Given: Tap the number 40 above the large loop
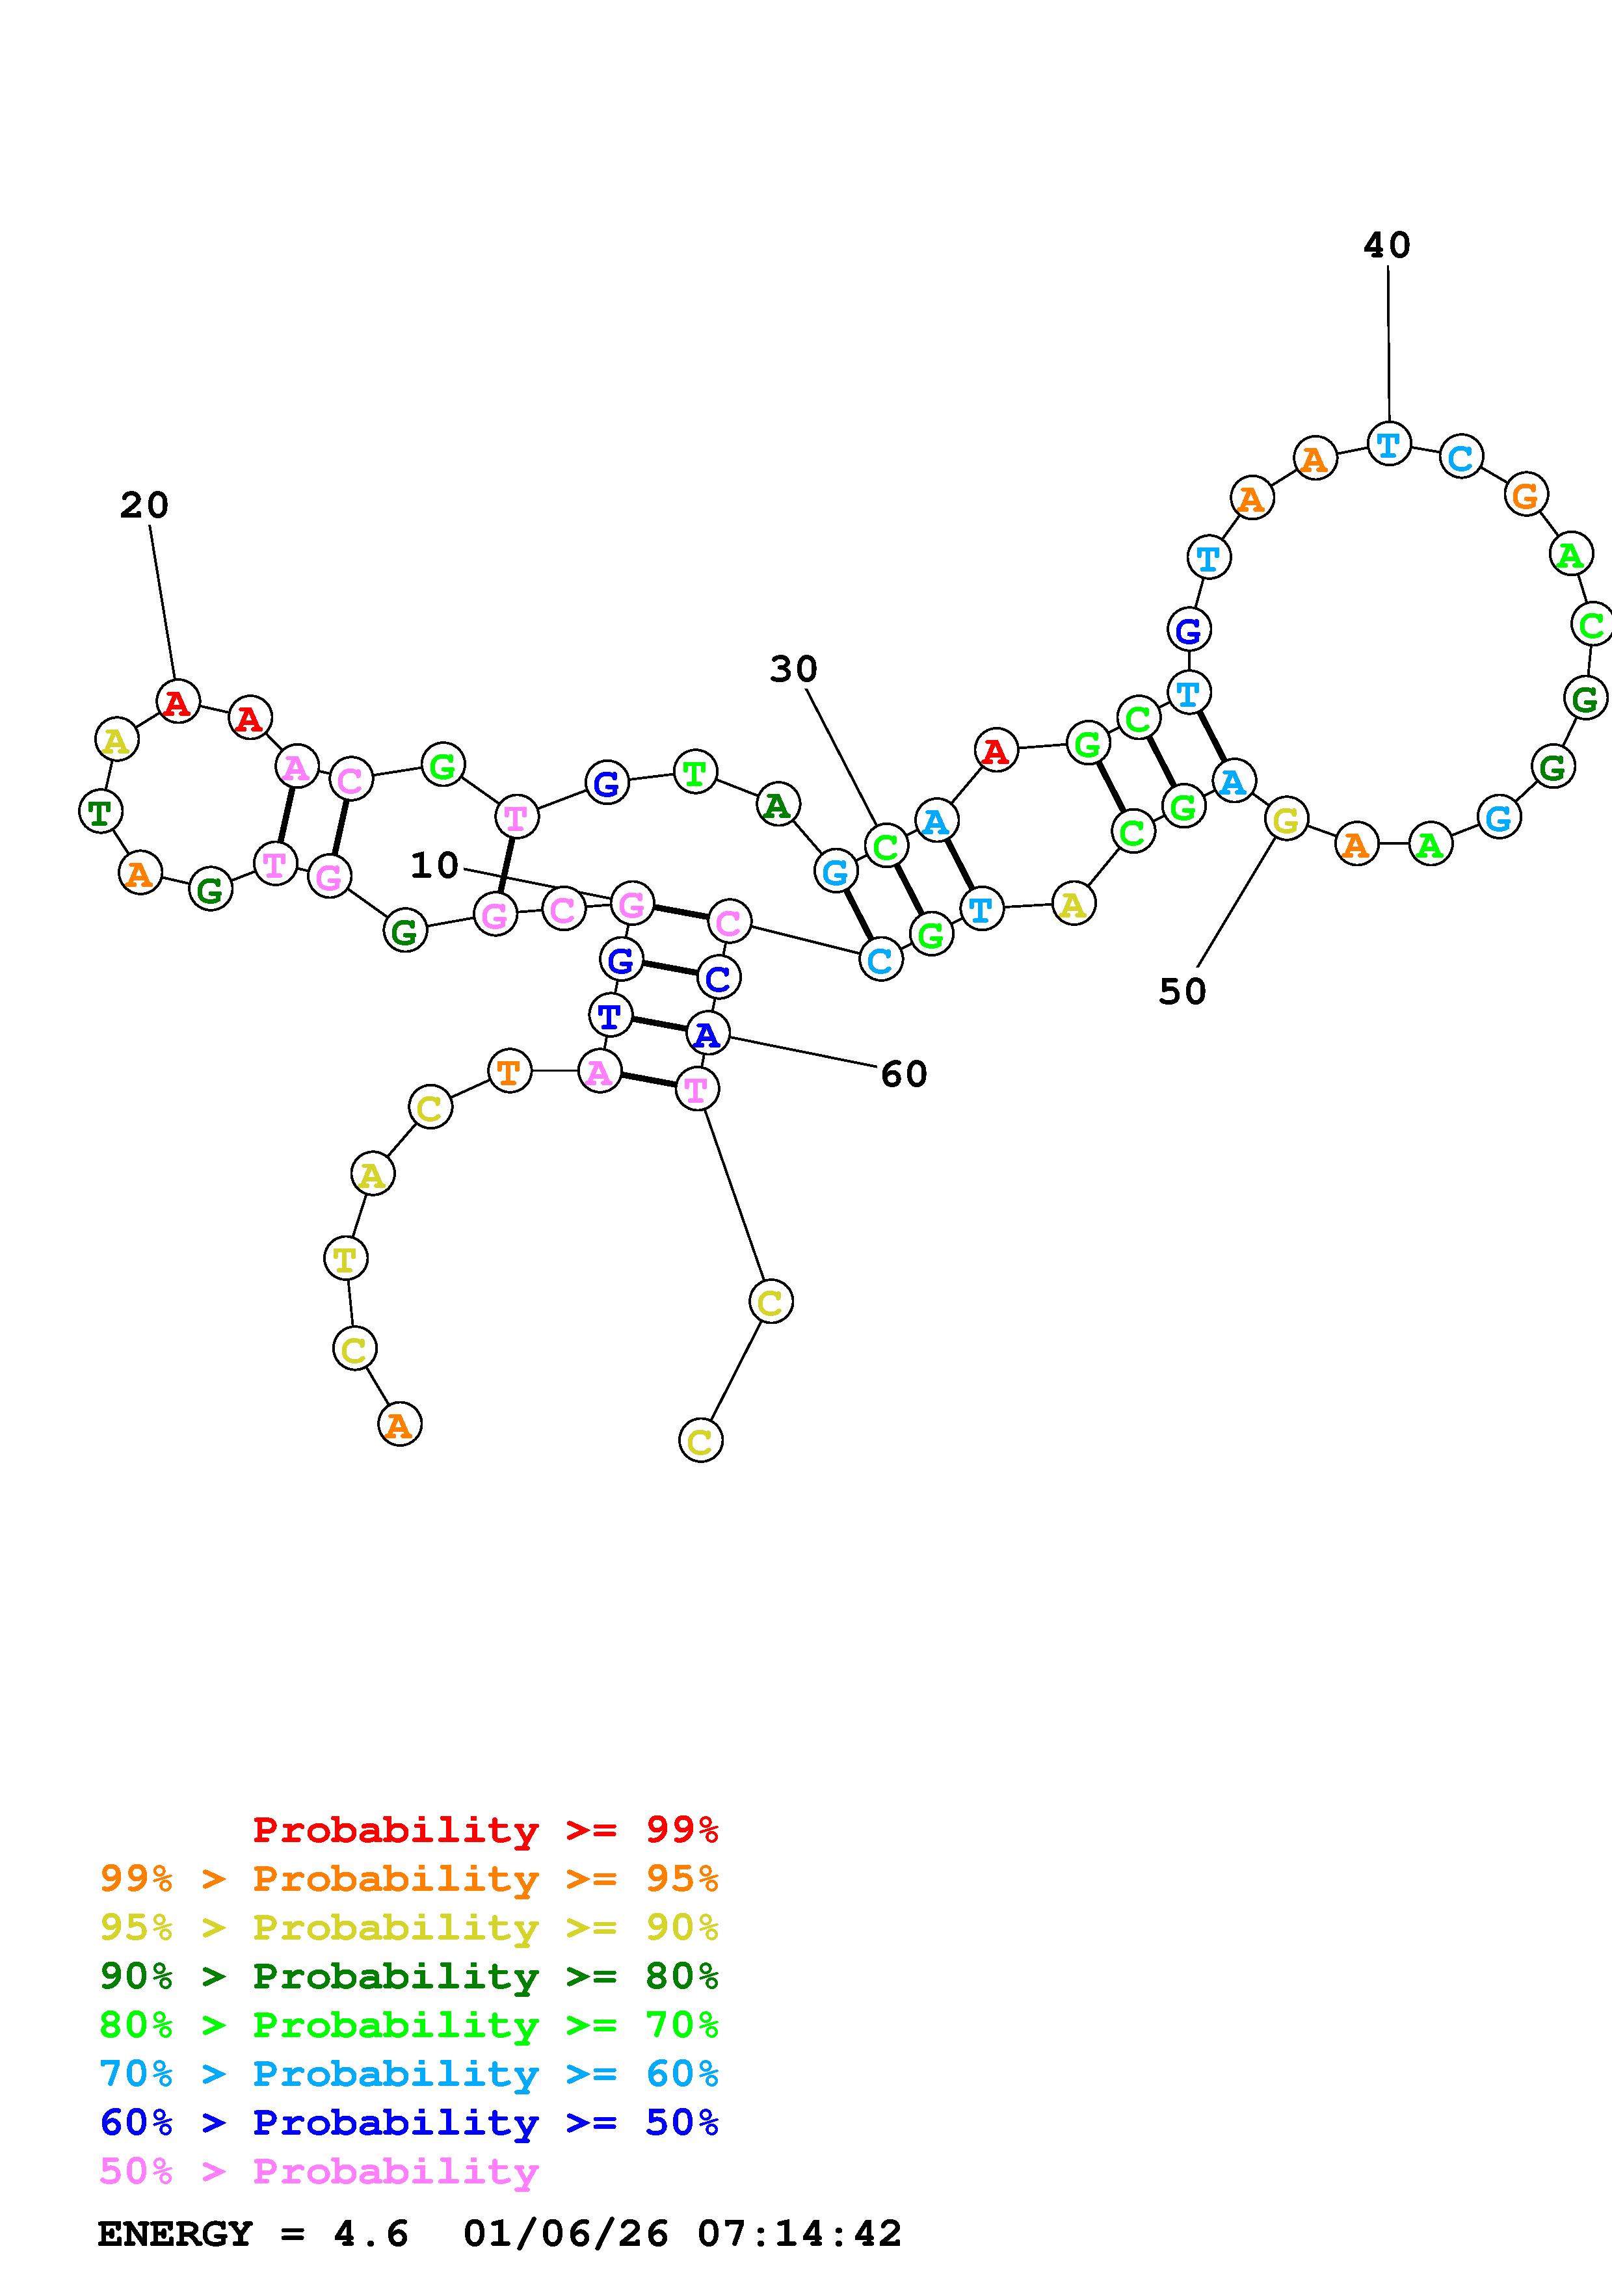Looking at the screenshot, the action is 1386,245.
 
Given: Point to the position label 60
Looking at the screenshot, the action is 904,1074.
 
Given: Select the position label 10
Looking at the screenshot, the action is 435,865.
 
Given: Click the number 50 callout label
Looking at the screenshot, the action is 1182,992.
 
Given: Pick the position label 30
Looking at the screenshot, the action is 793,670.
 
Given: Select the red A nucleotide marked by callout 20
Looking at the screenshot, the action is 178,702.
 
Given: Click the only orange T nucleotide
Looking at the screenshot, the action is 510,1071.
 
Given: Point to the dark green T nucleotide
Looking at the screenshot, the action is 100,811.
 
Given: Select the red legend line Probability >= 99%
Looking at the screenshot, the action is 484,1830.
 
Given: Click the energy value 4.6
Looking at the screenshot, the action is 371,2234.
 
